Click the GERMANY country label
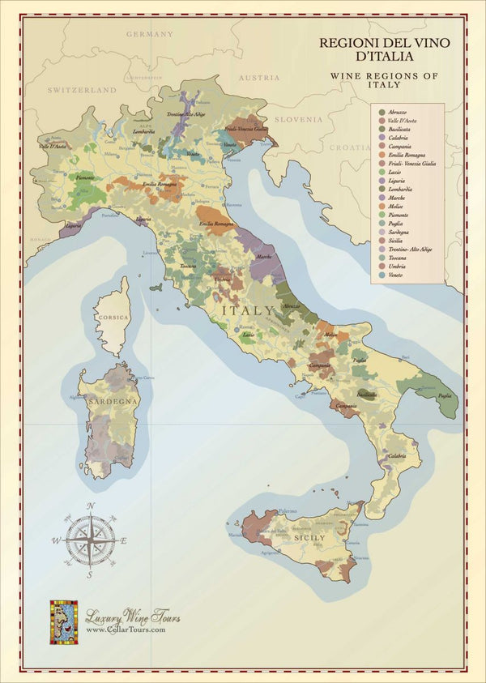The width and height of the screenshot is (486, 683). (x=150, y=34)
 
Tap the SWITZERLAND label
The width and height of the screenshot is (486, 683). (x=82, y=91)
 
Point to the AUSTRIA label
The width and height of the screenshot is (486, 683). (x=259, y=78)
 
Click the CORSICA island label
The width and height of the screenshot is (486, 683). (x=113, y=318)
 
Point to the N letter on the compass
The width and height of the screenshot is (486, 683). (x=91, y=506)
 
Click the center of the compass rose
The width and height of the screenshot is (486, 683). (x=90, y=540)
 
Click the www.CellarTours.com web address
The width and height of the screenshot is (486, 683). (x=126, y=630)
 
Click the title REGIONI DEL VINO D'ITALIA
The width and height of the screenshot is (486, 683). (x=384, y=49)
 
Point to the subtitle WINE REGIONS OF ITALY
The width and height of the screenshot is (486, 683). (x=385, y=79)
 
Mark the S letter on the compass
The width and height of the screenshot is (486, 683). (x=91, y=574)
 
